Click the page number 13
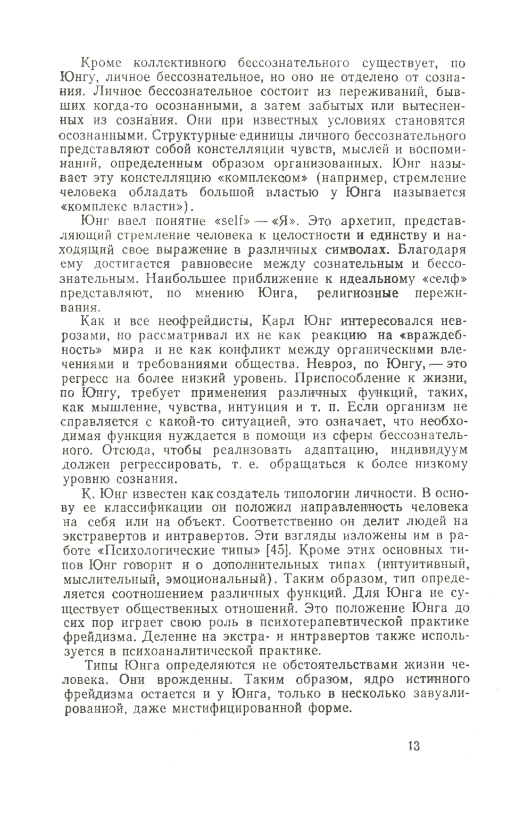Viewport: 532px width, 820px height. (x=414, y=745)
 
